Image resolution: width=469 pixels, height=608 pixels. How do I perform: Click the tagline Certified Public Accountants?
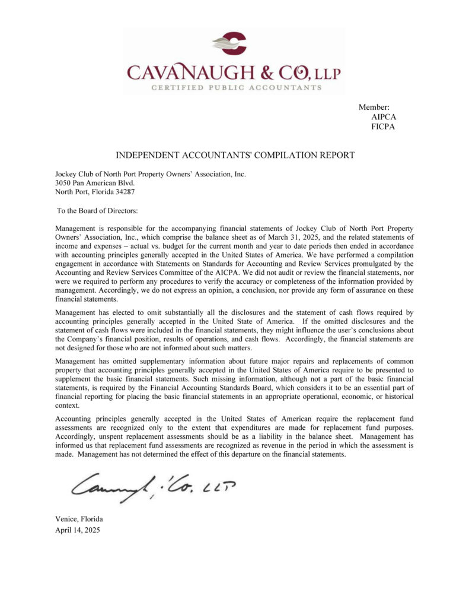pyautogui.click(x=236, y=88)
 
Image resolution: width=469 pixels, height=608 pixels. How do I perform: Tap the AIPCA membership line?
pyautogui.click(x=383, y=117)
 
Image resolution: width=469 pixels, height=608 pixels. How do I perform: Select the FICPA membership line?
pyautogui.click(x=383, y=126)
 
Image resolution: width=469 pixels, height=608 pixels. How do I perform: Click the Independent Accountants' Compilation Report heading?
pyautogui.click(x=235, y=156)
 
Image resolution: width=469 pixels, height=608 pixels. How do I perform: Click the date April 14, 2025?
pyautogui.click(x=78, y=530)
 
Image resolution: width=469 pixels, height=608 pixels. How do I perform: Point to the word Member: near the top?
pyautogui.click(x=374, y=107)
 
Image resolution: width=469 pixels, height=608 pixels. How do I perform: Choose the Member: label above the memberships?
pyautogui.click(x=374, y=107)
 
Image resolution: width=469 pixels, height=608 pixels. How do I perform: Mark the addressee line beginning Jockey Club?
pyautogui.click(x=150, y=174)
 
